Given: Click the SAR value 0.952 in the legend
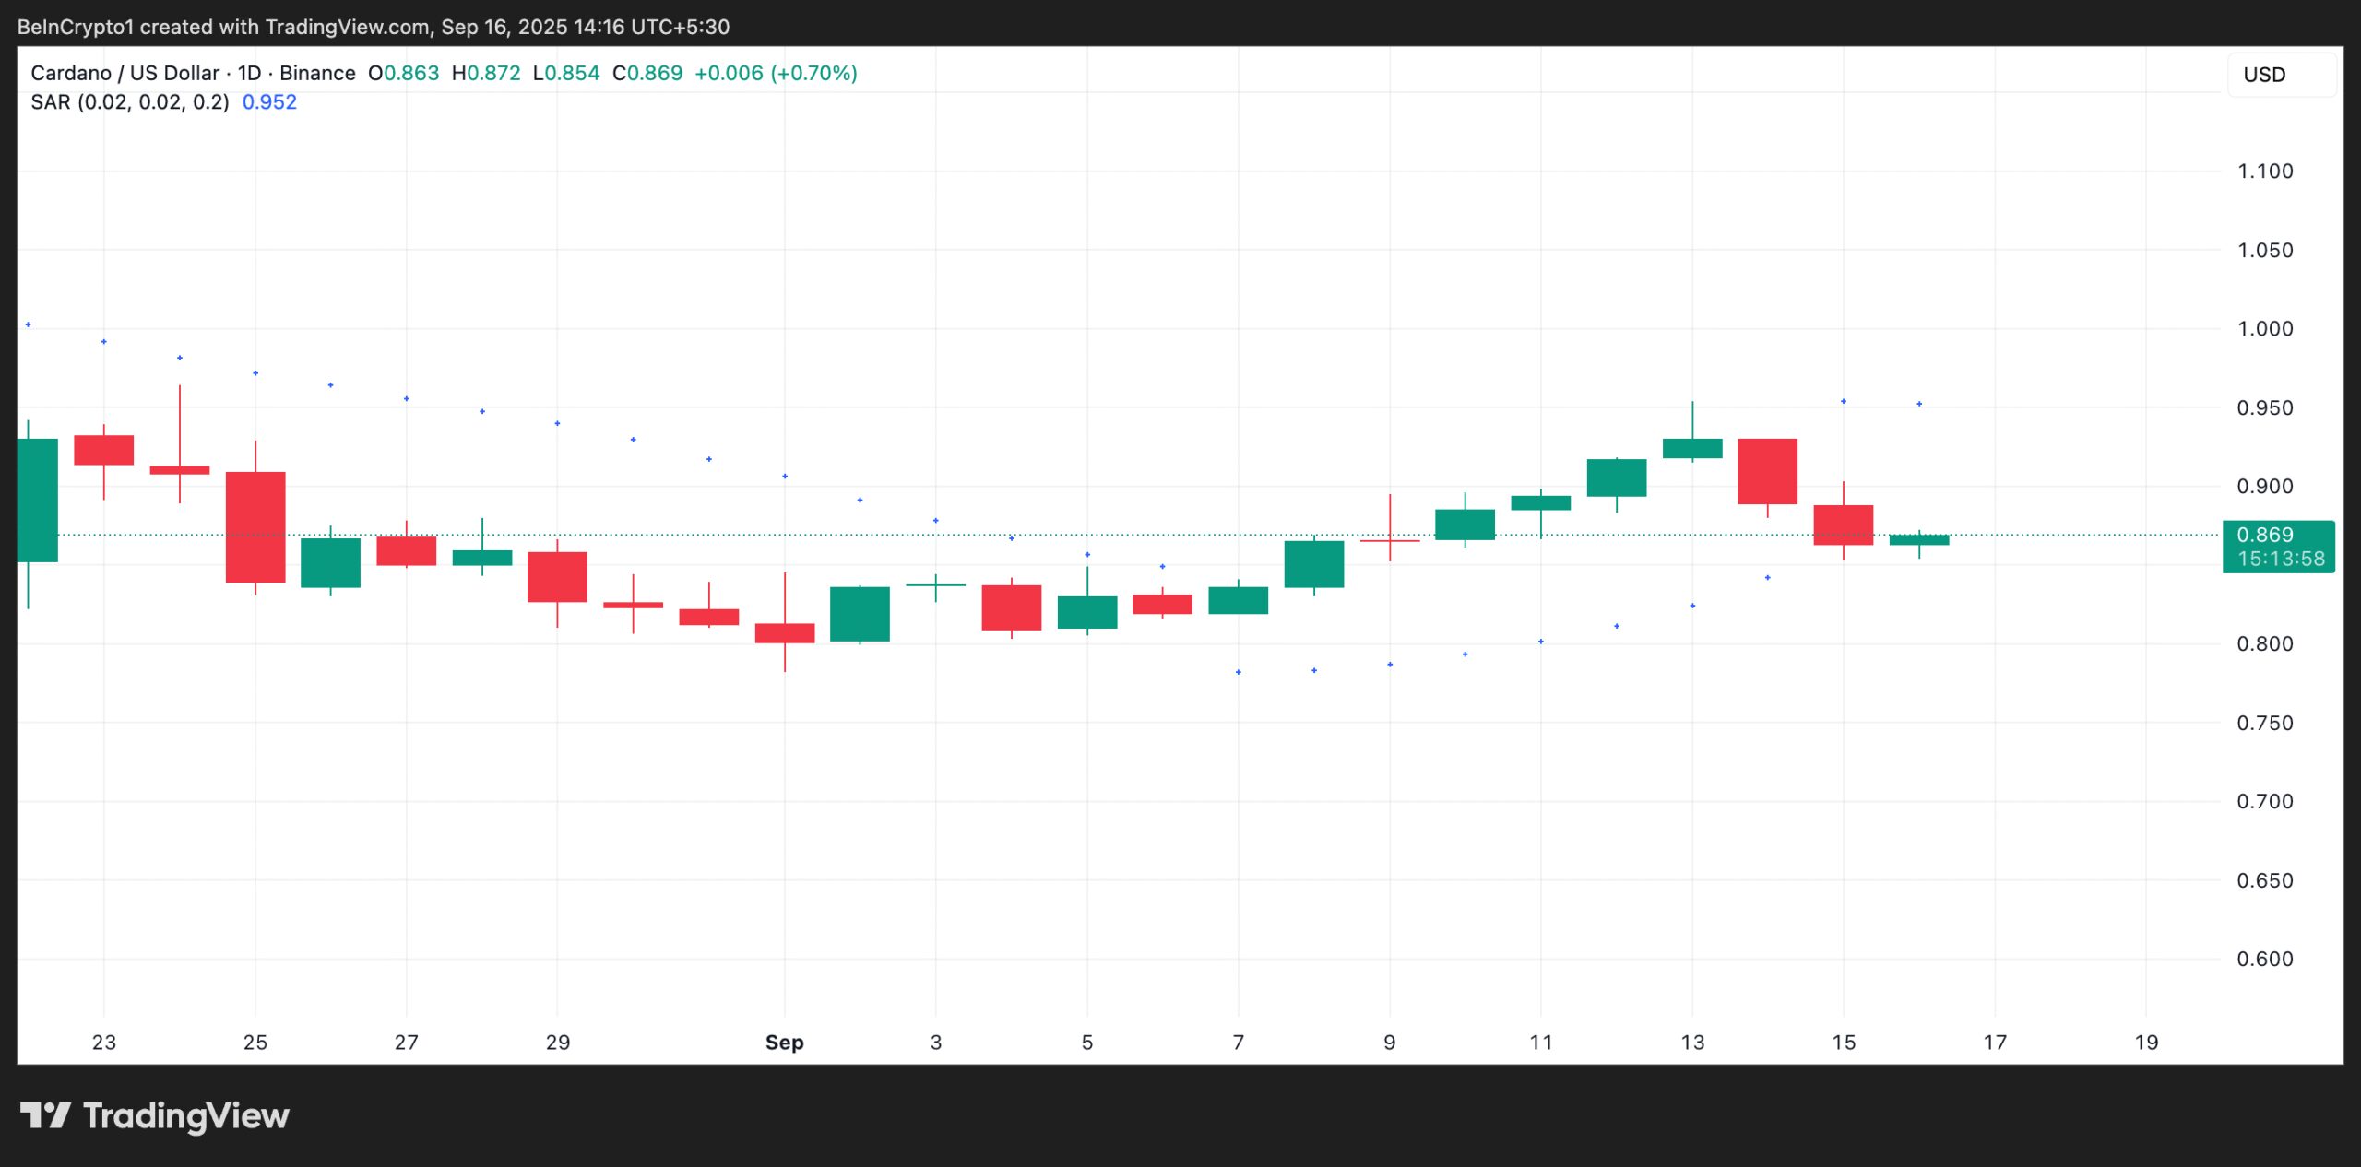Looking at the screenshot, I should tap(269, 102).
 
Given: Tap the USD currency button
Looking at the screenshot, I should tap(2264, 75).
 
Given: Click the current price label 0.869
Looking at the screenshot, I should tap(2264, 535).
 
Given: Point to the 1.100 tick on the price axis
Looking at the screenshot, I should tap(2264, 171).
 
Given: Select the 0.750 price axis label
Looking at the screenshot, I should tap(2264, 723).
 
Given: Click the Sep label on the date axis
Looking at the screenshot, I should tap(784, 1043).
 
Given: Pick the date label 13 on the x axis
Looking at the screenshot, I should tap(1691, 1043).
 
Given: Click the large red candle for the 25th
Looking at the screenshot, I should tap(255, 526).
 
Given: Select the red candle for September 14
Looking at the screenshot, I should tap(1767, 471).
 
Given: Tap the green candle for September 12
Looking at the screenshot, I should tap(1616, 477).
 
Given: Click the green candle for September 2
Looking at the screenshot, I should tap(860, 614).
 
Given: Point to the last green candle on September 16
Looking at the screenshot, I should tap(1918, 540).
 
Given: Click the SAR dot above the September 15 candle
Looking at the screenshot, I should tap(1843, 401).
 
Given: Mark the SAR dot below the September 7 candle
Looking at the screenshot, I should tap(1238, 672).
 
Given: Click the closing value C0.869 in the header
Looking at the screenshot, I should tap(647, 73).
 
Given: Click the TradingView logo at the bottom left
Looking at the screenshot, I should tap(154, 1116).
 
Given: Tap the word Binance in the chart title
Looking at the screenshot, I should tap(317, 73).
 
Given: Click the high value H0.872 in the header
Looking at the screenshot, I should tap(485, 73).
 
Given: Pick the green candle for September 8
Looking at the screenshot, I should tap(1313, 564).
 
